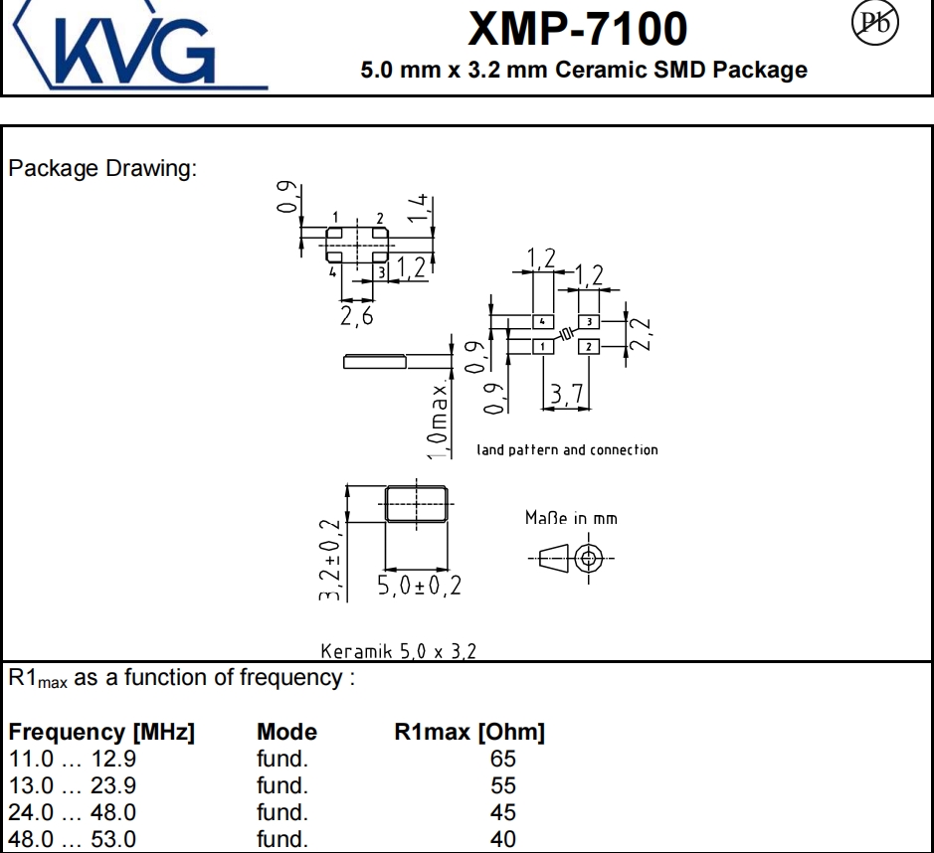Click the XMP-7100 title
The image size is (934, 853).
click(x=577, y=29)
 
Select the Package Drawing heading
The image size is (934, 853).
click(x=102, y=168)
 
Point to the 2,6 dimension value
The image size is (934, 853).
click(x=357, y=315)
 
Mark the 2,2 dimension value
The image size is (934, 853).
click(x=642, y=335)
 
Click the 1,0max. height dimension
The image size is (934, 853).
click(x=439, y=418)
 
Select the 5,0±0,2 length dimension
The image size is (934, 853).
click(x=419, y=586)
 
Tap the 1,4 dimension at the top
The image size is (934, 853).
click(x=420, y=212)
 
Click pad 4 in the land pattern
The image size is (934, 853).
click(x=542, y=322)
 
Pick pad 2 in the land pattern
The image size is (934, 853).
click(x=589, y=346)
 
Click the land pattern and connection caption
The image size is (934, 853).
click(x=567, y=450)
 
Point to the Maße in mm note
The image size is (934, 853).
click(x=570, y=518)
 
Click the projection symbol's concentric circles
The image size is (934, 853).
click(x=588, y=559)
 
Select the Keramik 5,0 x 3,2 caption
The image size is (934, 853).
click(x=398, y=652)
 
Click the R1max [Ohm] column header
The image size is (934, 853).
click(x=469, y=733)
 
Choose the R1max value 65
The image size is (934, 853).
click(x=503, y=760)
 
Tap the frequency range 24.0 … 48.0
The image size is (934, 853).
click(x=73, y=812)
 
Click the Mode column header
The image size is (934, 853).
click(x=286, y=733)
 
